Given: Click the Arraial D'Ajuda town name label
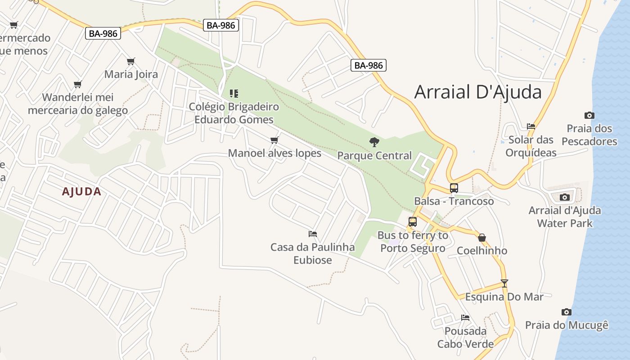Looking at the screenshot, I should click(x=478, y=92).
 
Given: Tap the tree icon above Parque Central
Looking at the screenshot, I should click(x=374, y=142).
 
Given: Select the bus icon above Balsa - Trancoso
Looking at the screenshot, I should click(x=454, y=188).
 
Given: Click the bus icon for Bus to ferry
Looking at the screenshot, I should click(x=412, y=221).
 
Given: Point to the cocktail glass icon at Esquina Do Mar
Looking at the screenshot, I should click(x=504, y=283).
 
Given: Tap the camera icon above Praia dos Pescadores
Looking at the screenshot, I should click(x=589, y=115).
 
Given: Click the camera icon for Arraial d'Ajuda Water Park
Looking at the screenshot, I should click(x=564, y=197).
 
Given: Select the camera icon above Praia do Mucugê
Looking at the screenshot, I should click(x=566, y=312).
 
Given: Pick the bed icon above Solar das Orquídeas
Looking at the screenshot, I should click(x=531, y=126).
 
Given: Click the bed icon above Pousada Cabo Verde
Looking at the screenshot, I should click(x=465, y=318).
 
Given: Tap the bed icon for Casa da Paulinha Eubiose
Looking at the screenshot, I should click(x=313, y=234).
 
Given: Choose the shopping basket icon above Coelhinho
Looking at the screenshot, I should click(x=482, y=238).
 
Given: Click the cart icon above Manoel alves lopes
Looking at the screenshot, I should click(x=274, y=140).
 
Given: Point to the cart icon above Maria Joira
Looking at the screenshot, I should click(x=131, y=61).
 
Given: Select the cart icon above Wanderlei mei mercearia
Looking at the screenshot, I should click(x=77, y=84).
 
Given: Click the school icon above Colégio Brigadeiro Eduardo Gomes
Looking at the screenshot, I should click(x=234, y=94).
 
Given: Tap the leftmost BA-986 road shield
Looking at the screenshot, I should click(x=103, y=33).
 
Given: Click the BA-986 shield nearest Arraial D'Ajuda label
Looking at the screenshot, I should click(x=369, y=65).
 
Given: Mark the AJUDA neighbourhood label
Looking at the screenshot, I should click(x=81, y=192).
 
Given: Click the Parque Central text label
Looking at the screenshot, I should click(x=374, y=156).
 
